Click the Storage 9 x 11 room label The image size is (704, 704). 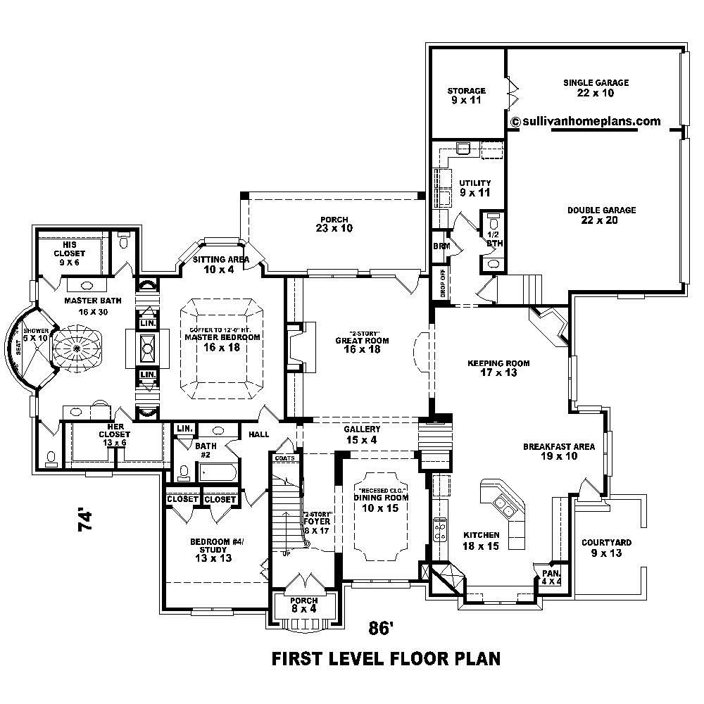[467, 96]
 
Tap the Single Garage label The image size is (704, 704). [596, 87]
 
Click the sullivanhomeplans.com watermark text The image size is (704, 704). [586, 121]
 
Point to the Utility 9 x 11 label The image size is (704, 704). [474, 188]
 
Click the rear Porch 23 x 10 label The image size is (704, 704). [334, 224]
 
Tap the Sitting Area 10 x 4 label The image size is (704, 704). [221, 264]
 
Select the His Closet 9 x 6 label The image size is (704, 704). [72, 253]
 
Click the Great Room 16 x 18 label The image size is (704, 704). [362, 344]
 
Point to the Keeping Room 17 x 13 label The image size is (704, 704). [498, 368]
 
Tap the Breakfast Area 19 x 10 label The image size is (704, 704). [558, 451]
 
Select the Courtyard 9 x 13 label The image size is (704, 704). [605, 548]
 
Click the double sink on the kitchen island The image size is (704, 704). [505, 504]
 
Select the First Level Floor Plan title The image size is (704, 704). [386, 660]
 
